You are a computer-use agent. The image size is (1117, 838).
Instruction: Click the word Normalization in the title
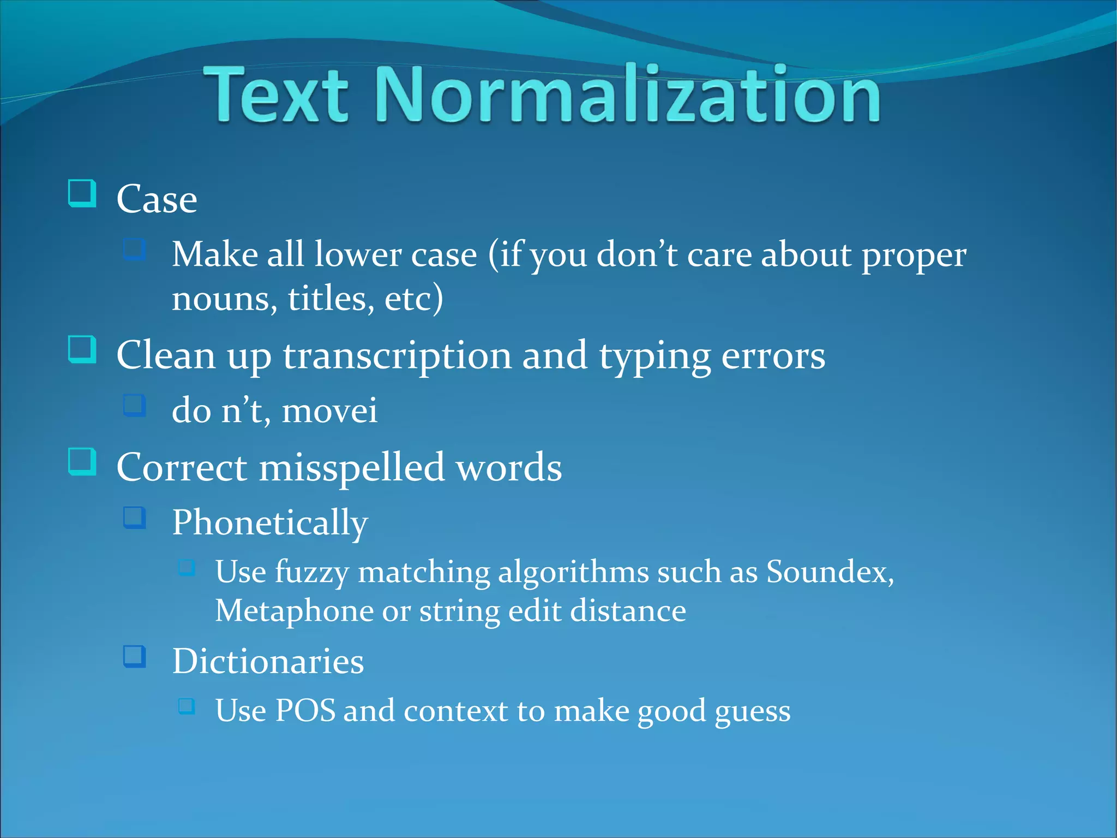click(627, 94)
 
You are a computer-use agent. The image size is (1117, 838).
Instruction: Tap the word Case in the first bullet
click(157, 199)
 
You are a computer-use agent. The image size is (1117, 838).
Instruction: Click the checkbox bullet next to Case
click(82, 193)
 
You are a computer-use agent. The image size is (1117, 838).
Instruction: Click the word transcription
click(397, 356)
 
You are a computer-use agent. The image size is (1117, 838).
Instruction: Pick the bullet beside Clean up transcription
click(82, 349)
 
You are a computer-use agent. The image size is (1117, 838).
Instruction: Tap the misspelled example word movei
click(329, 411)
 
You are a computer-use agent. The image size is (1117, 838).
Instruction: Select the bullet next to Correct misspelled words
click(82, 461)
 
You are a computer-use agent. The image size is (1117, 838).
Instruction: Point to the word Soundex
click(829, 572)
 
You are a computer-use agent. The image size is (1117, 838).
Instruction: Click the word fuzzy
click(311, 573)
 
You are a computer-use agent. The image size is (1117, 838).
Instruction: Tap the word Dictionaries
click(268, 662)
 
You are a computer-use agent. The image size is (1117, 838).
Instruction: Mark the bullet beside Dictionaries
click(135, 656)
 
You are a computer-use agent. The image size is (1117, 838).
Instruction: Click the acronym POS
click(305, 711)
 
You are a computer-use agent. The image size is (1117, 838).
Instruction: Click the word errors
click(773, 356)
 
